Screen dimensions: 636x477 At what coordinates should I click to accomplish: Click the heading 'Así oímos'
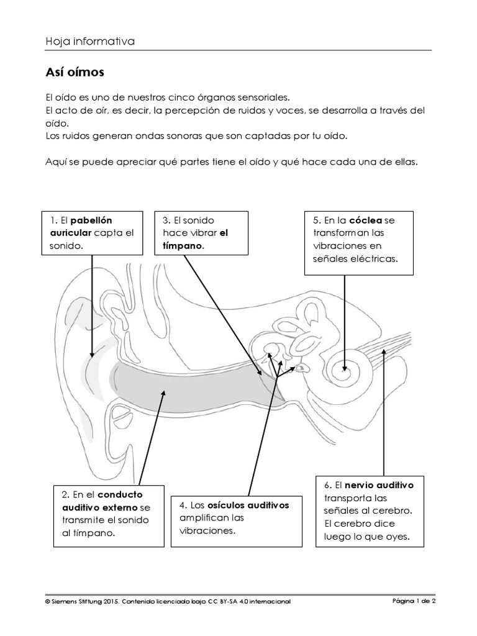coord(75,73)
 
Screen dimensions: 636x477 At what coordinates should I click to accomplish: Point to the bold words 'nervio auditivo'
coord(379,484)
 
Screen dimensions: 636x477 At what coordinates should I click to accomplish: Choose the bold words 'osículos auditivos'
coord(248,505)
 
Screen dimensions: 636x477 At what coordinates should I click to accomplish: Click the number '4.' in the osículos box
coord(183,505)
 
